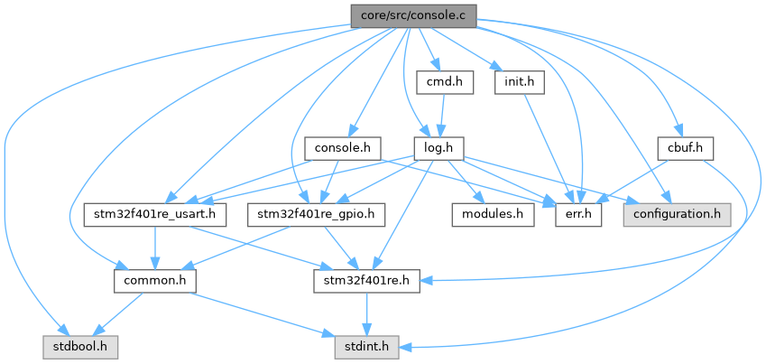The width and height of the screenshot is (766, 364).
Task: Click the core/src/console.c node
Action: click(413, 15)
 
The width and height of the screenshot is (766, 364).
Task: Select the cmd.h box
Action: click(445, 82)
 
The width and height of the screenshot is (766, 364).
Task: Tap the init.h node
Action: click(521, 82)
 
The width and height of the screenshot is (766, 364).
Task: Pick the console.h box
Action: click(343, 147)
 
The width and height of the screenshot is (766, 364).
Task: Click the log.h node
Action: click(438, 147)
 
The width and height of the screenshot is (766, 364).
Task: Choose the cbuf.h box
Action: click(686, 147)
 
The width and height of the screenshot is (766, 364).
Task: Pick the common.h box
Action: click(150, 280)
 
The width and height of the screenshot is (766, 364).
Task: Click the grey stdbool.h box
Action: click(78, 345)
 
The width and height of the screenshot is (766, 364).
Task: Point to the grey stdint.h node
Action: click(365, 345)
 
